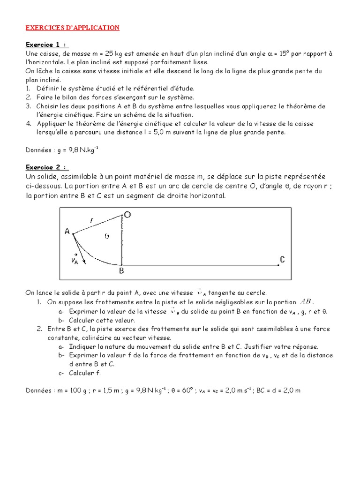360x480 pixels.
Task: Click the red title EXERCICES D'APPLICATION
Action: (x=72, y=28)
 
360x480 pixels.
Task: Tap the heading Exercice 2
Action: (x=47, y=167)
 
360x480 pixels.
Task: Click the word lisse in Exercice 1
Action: (x=200, y=62)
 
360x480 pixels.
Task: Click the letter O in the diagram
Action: (x=127, y=215)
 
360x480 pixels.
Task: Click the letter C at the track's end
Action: (x=282, y=259)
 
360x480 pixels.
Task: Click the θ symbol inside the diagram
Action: (x=106, y=237)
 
